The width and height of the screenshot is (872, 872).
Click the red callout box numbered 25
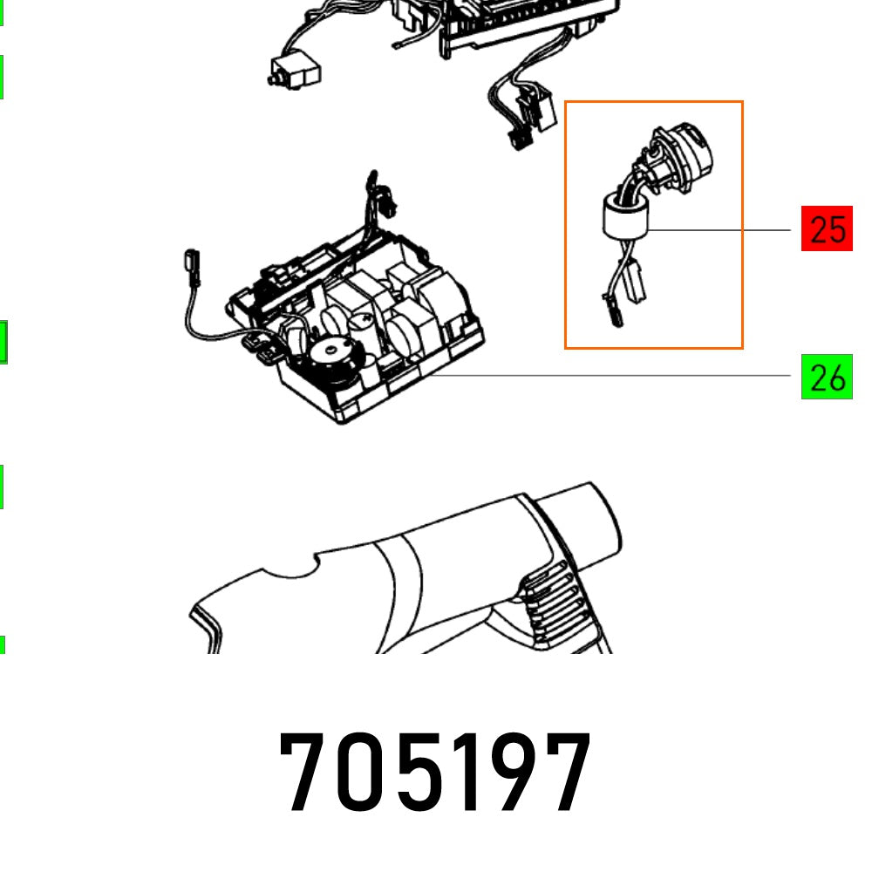[827, 229]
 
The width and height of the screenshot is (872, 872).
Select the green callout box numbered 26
[827, 378]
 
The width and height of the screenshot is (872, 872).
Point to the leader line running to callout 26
[610, 376]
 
